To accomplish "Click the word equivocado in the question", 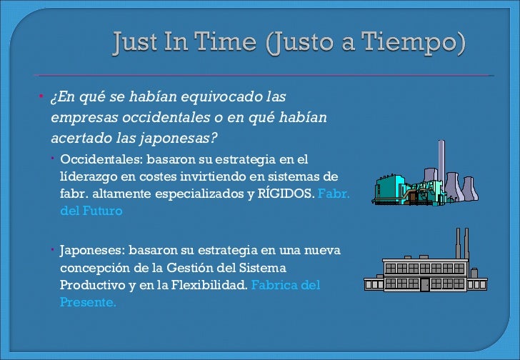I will pyautogui.click(x=208, y=96).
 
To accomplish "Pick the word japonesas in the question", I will pyautogui.click(x=186, y=136).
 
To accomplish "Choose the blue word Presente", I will pyautogui.click(x=88, y=302).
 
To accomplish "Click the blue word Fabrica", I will pyautogui.click(x=274, y=285).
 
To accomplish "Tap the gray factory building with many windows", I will pyautogui.click(x=425, y=268).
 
